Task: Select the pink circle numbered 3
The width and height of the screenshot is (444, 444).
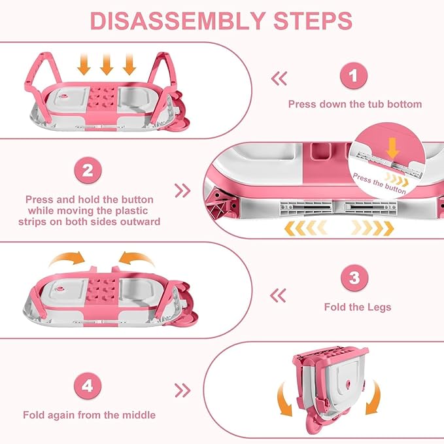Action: point(354,279)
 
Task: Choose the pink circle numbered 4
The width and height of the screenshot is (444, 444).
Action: point(88,386)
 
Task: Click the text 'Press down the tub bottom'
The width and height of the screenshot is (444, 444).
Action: point(355,104)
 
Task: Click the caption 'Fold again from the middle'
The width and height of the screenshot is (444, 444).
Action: point(89,415)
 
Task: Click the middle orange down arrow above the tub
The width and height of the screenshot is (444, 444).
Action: point(108,63)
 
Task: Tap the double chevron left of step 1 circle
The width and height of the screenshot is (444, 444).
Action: point(279,78)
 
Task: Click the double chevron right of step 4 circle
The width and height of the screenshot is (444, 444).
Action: point(183,390)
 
